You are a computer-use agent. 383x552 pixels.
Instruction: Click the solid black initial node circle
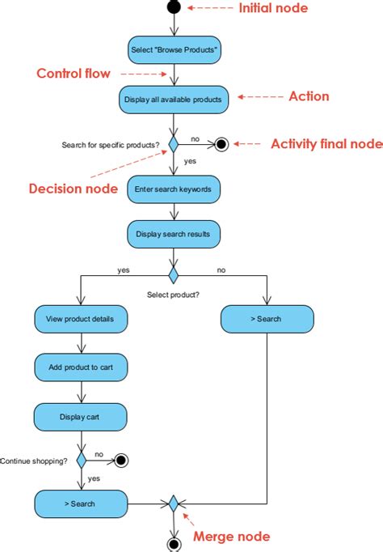click(173, 7)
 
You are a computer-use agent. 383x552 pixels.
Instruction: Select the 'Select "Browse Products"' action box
click(173, 50)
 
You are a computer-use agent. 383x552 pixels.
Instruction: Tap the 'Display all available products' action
click(173, 99)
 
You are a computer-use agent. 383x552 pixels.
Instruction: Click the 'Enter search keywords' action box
click(173, 189)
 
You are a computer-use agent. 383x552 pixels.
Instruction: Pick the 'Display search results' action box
click(173, 234)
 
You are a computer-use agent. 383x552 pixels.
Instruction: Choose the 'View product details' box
click(81, 319)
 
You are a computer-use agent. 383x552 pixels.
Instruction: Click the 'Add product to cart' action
click(81, 367)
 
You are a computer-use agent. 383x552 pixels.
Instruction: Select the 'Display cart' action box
click(81, 417)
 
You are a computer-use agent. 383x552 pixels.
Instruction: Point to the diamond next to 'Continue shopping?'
click(81, 460)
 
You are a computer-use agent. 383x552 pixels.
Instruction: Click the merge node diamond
click(173, 503)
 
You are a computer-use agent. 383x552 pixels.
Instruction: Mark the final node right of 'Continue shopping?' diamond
click(121, 460)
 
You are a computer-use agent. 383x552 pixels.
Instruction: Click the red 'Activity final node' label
click(326, 144)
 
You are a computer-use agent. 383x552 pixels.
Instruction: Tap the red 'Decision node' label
click(71, 189)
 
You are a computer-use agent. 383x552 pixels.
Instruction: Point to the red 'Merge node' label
click(230, 536)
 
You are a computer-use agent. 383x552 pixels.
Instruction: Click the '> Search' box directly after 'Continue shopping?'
click(81, 503)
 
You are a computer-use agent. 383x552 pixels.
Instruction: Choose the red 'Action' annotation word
click(309, 96)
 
